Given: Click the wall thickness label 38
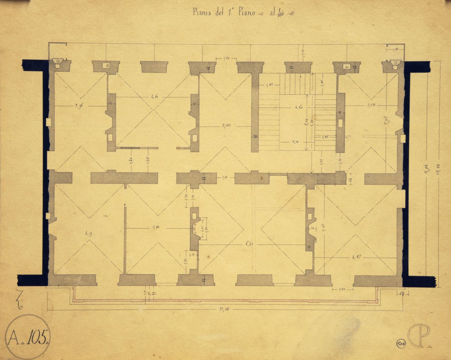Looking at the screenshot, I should click(x=256, y=136).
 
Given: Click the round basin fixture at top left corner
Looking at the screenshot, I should click(x=57, y=62).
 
